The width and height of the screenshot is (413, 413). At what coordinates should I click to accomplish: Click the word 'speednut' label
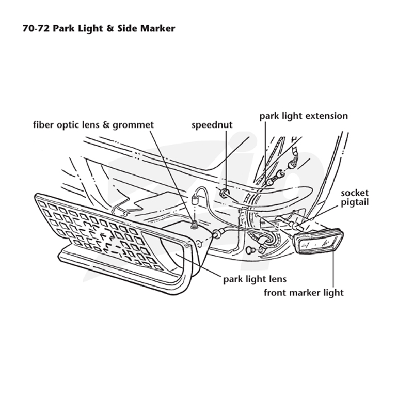[x=212, y=125]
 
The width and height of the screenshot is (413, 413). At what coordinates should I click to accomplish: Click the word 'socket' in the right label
[x=355, y=193]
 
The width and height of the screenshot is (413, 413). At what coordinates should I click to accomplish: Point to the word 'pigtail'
[x=355, y=202]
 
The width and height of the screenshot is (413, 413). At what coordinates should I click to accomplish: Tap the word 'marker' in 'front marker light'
[x=303, y=293]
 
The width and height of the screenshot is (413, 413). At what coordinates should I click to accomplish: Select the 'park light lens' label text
[x=255, y=279]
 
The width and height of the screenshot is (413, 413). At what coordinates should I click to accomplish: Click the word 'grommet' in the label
[x=133, y=125]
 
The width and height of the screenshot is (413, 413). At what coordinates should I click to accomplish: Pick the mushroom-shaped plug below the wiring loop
[x=250, y=250]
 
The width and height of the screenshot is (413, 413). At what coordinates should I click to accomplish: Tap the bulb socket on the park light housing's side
[x=218, y=233]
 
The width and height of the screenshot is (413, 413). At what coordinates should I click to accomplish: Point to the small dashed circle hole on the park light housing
[x=200, y=244]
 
